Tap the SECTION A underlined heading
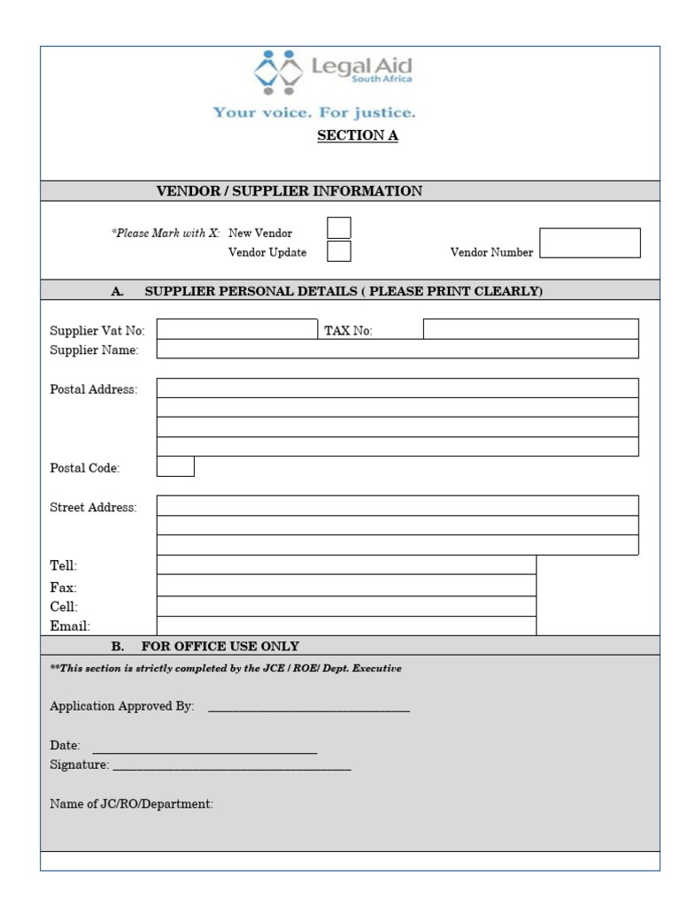coord(358,135)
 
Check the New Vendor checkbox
coord(338,228)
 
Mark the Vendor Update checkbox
coord(338,251)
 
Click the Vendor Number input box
coord(590,243)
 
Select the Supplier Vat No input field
coord(236,329)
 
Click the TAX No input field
coord(530,329)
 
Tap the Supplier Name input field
coord(398,349)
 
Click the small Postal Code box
coord(175,466)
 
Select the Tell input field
coord(346,564)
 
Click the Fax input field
coord(346,585)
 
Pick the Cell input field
coord(346,606)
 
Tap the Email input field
coord(346,626)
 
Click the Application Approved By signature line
coord(309,708)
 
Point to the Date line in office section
coord(205,749)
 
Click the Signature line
coord(232,766)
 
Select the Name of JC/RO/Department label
coord(132,804)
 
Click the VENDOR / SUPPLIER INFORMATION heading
coord(290,191)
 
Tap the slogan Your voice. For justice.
coord(313,113)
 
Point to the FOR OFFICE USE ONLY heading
coord(220,646)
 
